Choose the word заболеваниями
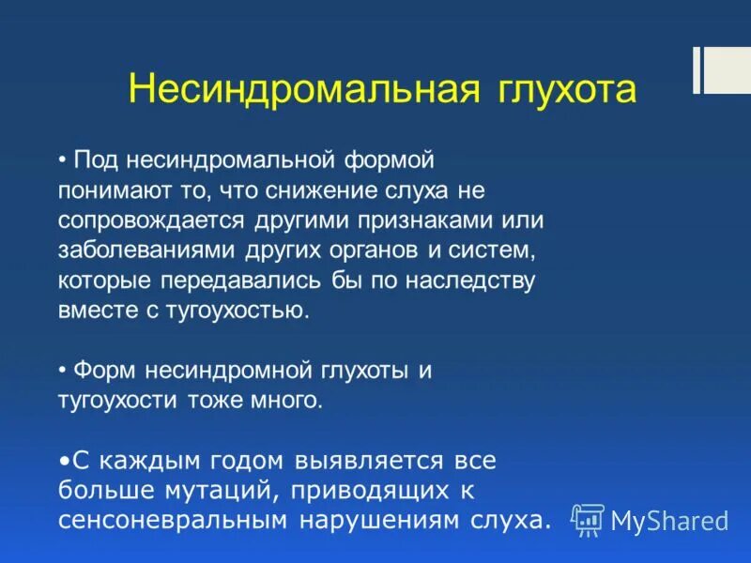[x=148, y=251]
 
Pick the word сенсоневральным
[x=175, y=521]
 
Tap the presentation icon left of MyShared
[x=589, y=519]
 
